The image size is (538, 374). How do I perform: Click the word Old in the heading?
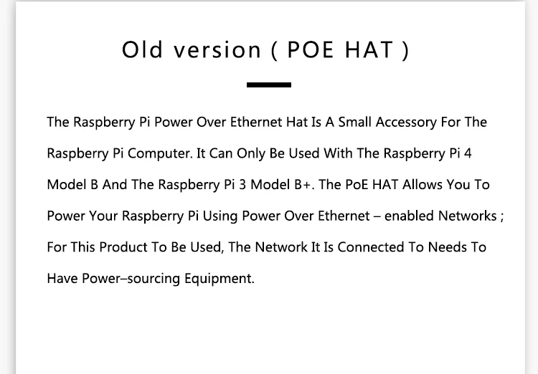pos(142,49)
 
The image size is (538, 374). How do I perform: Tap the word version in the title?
pos(217,50)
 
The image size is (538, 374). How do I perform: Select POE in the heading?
pos(310,49)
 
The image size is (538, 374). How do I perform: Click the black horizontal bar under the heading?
pos(269,85)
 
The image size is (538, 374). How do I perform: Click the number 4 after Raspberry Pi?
pos(468,153)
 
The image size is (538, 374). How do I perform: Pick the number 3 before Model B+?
pos(242,185)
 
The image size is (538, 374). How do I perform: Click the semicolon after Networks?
pos(502,217)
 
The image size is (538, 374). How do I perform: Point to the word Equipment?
pos(220,279)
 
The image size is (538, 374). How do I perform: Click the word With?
pos(338,153)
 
